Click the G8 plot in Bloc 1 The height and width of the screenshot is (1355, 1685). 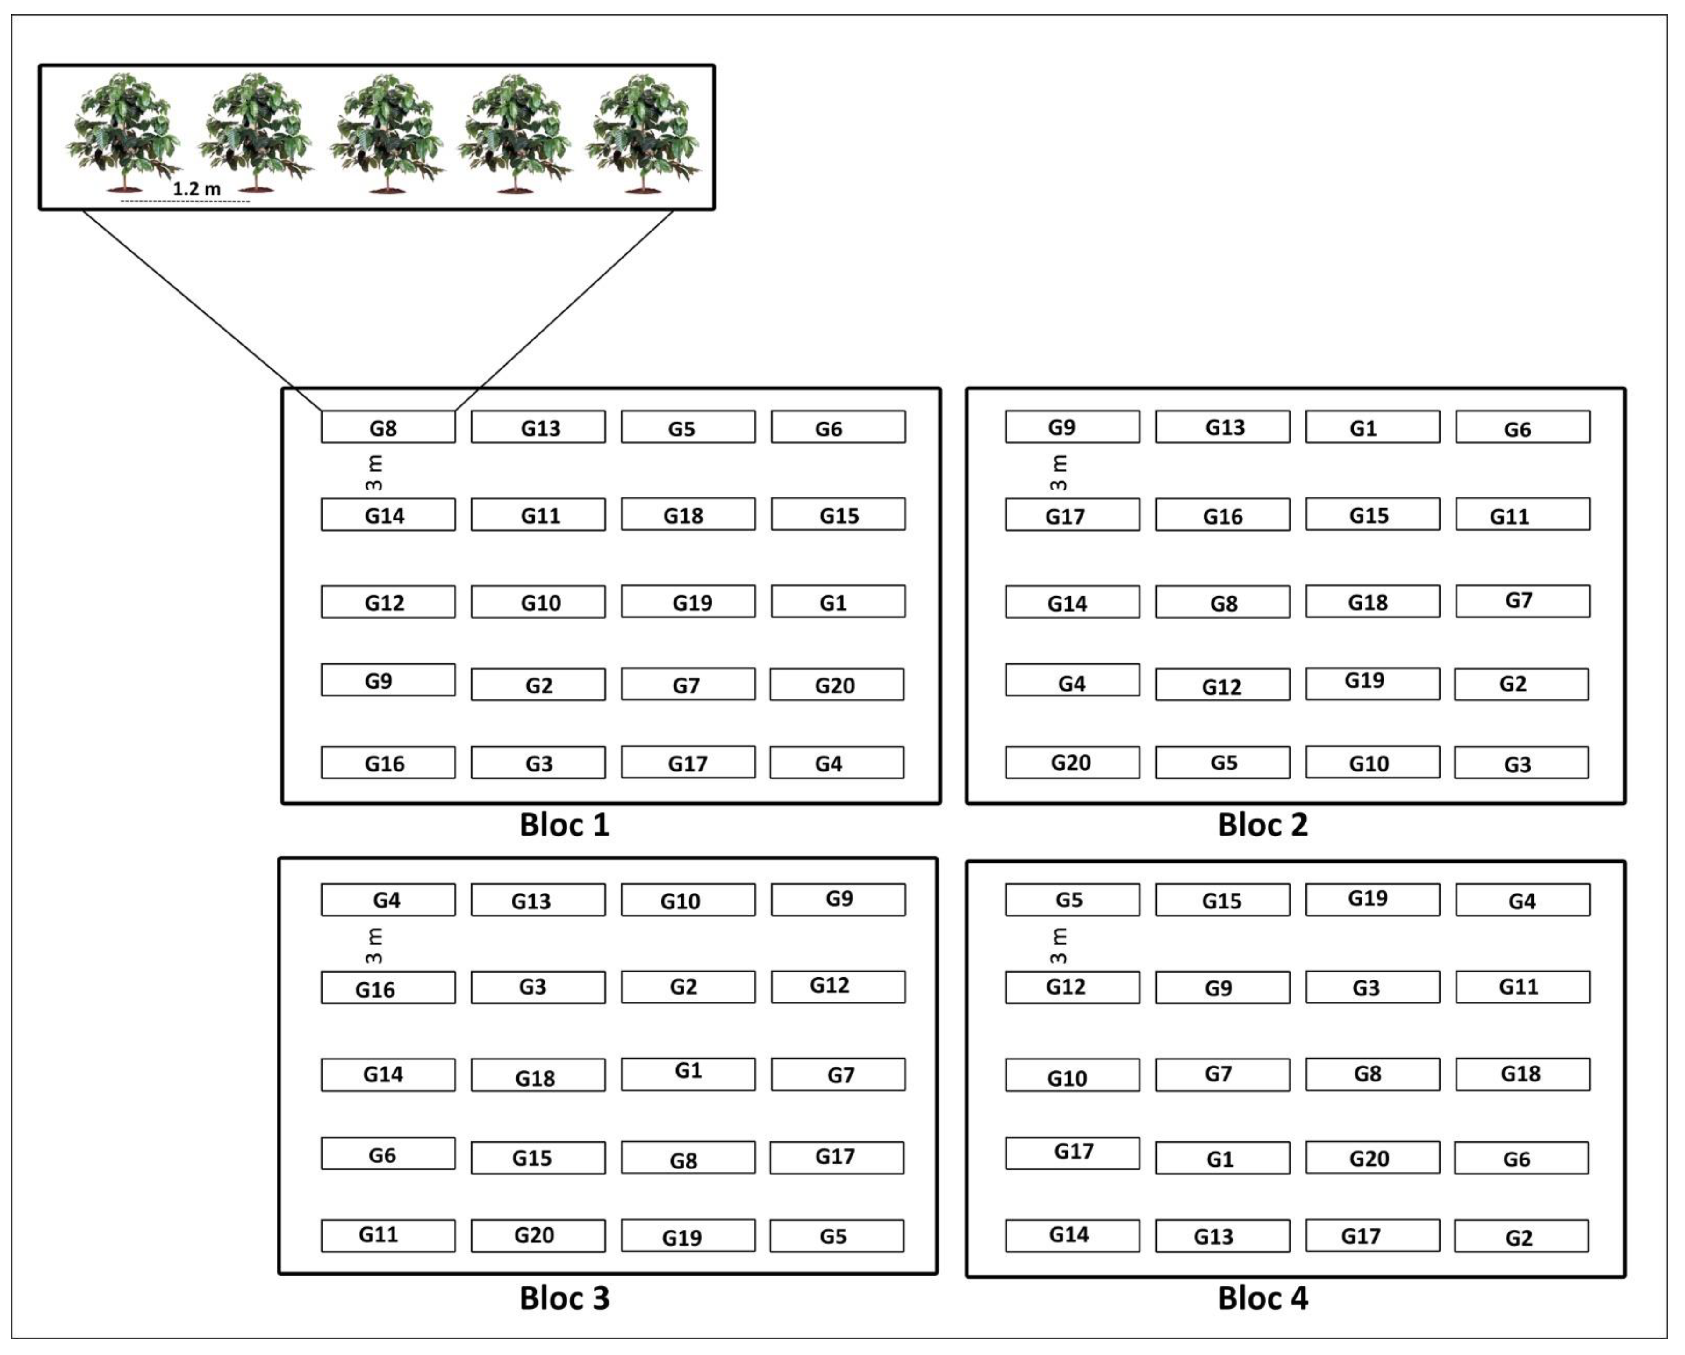(x=387, y=427)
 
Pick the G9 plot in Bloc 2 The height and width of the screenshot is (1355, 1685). (x=1072, y=427)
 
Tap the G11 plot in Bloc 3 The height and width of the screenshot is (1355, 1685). (x=387, y=1235)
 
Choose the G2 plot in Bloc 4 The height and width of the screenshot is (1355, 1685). (x=1521, y=1236)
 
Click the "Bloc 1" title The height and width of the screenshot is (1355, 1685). (x=564, y=825)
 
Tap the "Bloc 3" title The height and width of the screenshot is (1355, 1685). (x=564, y=1298)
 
